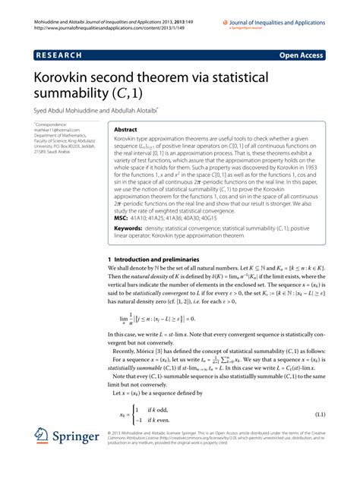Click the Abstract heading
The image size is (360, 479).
125,130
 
